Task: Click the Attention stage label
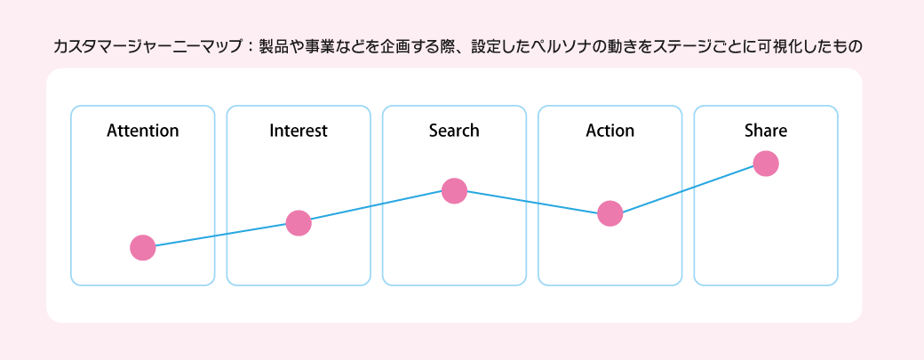pos(143,130)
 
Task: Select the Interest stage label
pos(299,130)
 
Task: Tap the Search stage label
pos(454,130)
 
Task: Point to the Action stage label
pos(609,130)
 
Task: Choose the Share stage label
pos(766,130)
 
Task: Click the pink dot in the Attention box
pos(143,247)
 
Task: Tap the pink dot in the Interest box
pos(299,223)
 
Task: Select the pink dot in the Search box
pos(454,191)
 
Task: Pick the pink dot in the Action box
pos(609,213)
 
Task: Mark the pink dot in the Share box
pos(766,164)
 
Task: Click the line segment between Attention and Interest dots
pos(220,235)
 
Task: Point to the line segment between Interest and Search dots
pos(376,207)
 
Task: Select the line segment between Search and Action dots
pos(531,202)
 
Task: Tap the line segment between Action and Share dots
pos(688,188)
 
